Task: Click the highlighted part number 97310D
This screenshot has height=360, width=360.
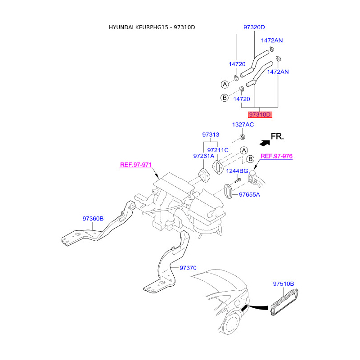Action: (261, 114)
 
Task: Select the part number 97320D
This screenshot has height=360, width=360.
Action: (254, 27)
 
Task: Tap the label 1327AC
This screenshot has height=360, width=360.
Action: (243, 124)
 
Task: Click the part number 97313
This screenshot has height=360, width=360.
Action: (211, 135)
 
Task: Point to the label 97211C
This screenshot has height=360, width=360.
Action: (218, 150)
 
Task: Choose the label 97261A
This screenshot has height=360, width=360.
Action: (204, 156)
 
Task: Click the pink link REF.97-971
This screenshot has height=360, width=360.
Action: (135, 165)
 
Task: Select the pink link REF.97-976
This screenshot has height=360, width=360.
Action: (277, 156)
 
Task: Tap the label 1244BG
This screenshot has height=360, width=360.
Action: (237, 171)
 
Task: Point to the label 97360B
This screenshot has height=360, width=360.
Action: (93, 219)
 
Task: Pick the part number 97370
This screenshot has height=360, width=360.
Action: (188, 268)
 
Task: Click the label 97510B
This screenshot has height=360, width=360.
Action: (283, 284)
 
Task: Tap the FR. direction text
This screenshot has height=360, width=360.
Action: (277, 136)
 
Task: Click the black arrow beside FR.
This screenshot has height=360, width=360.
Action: (264, 142)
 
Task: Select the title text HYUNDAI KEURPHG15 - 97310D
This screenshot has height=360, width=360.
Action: (152, 27)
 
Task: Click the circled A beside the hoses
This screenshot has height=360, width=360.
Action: (225, 84)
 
